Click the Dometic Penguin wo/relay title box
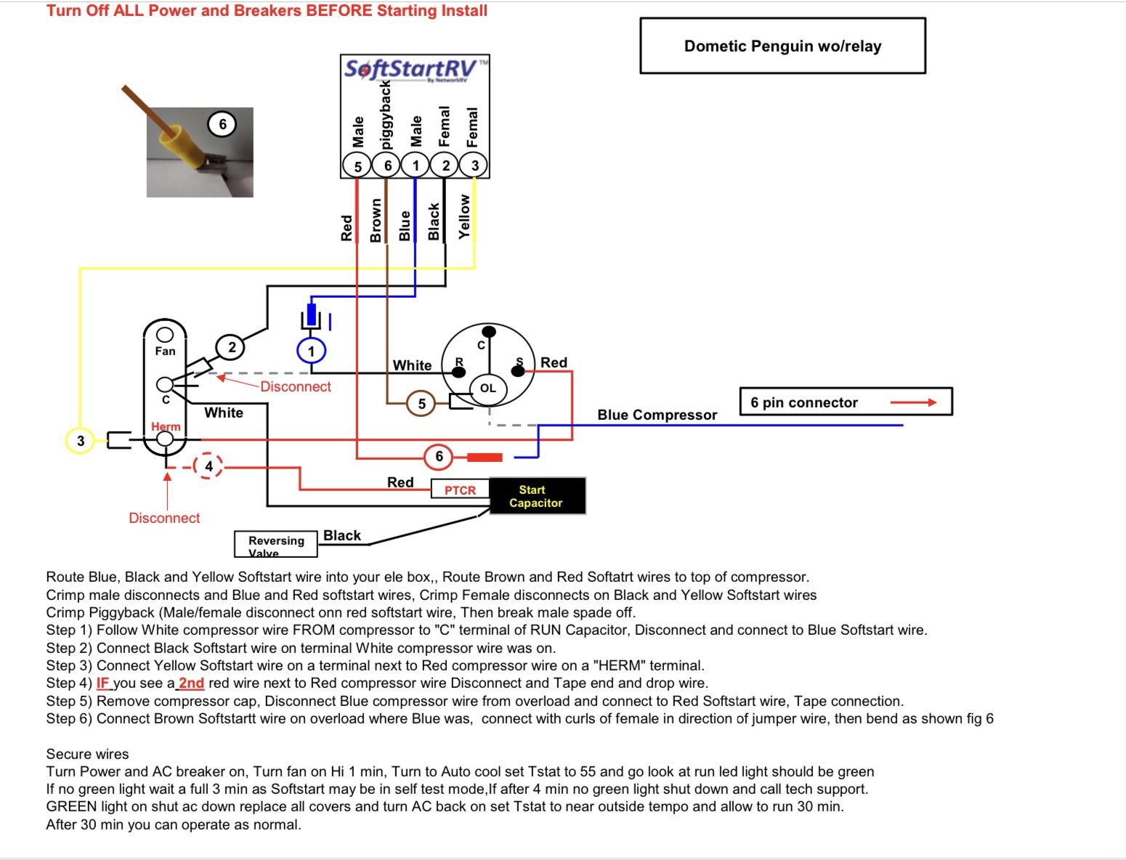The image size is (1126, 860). click(x=782, y=46)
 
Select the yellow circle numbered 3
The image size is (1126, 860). click(x=81, y=440)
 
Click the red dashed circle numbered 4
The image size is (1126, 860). click(x=208, y=466)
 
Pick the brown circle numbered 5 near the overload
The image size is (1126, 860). click(x=421, y=404)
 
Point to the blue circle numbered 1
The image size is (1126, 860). click(x=312, y=352)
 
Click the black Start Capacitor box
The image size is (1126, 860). click(x=537, y=496)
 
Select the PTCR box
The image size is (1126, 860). click(x=460, y=490)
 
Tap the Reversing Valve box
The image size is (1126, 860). click(x=276, y=544)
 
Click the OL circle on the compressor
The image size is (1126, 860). click(x=488, y=389)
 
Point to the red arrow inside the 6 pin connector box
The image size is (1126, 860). click(x=913, y=402)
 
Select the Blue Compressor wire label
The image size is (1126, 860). click(x=657, y=415)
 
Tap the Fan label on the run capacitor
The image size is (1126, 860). click(x=165, y=352)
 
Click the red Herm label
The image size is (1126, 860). click(x=166, y=426)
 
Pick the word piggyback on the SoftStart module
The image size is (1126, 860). click(x=386, y=115)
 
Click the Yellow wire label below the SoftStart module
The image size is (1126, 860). click(x=464, y=216)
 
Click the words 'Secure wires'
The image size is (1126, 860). click(x=87, y=754)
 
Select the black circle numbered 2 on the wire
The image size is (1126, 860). click(x=232, y=347)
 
